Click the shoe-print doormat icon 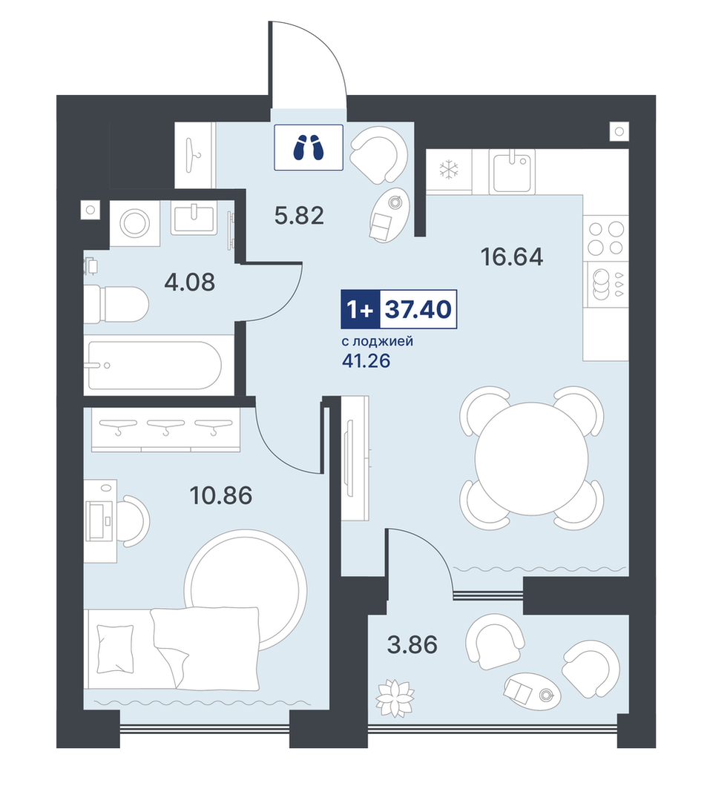coord(309,148)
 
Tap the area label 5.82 coord(299,216)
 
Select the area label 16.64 coord(512,257)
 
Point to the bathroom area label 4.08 coord(189,282)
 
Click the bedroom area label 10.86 coord(220,495)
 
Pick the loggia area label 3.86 coord(412,645)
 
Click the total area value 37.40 coord(418,309)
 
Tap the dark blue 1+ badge coord(361,309)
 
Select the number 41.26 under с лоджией coord(366,361)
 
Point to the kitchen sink coord(512,171)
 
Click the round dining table coord(532,457)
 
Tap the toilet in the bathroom coord(116,305)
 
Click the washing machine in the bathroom coord(134,223)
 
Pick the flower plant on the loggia coord(395,698)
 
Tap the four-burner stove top coord(606,238)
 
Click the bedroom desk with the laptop coord(101,521)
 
